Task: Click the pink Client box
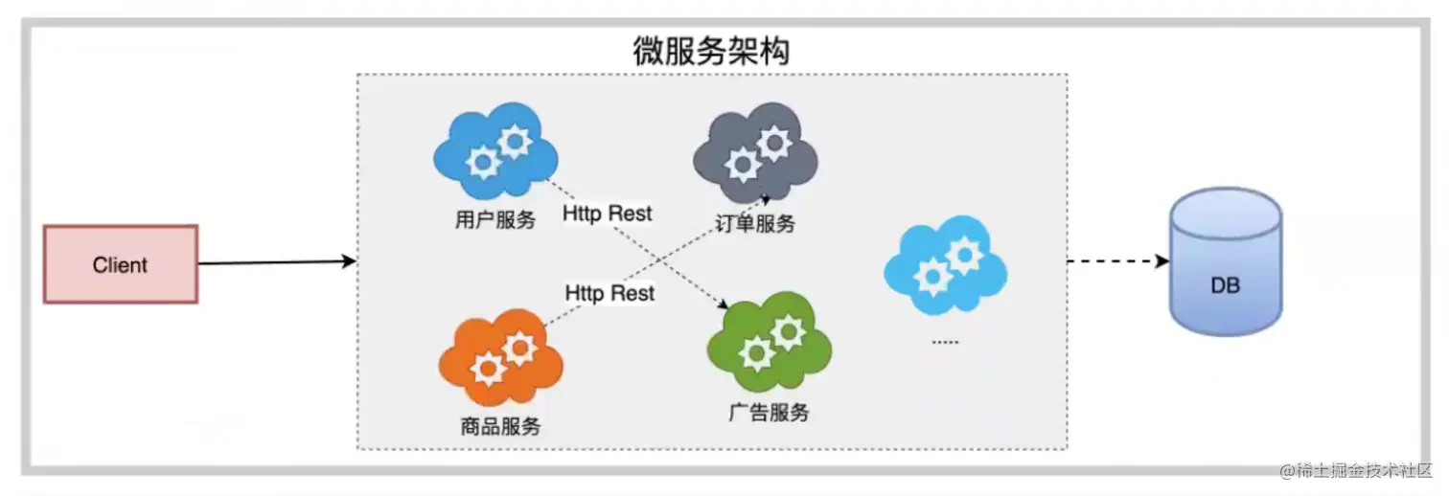(121, 264)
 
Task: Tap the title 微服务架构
(711, 51)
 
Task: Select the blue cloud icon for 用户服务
(495, 150)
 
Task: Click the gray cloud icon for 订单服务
(755, 152)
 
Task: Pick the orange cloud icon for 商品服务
(500, 357)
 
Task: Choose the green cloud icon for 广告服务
(770, 342)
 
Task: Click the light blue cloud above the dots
(945, 265)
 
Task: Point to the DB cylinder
(1226, 262)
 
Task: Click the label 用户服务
(495, 220)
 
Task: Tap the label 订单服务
(755, 224)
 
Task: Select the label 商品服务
(500, 426)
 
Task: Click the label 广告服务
(770, 412)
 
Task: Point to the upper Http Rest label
(607, 214)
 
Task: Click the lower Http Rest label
(609, 293)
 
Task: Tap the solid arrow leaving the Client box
(278, 262)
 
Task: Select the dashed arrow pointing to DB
(1118, 261)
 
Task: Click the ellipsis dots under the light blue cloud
(945, 342)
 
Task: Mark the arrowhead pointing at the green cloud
(724, 304)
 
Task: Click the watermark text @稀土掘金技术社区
(1356, 471)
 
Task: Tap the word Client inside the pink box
(120, 265)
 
